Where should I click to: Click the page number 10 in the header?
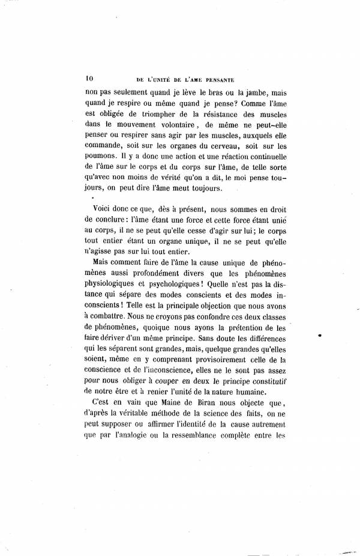(89, 77)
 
